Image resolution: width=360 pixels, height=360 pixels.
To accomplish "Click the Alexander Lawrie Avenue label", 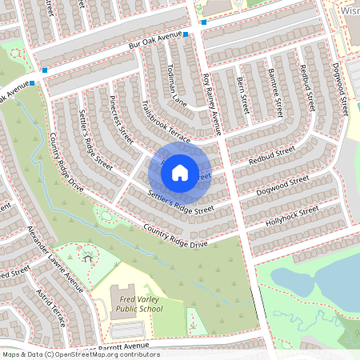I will tap(55, 258).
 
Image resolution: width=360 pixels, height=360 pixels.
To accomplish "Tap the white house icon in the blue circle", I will tap(180, 171).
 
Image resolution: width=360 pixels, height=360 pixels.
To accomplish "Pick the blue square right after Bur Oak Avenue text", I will tap(186, 35).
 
